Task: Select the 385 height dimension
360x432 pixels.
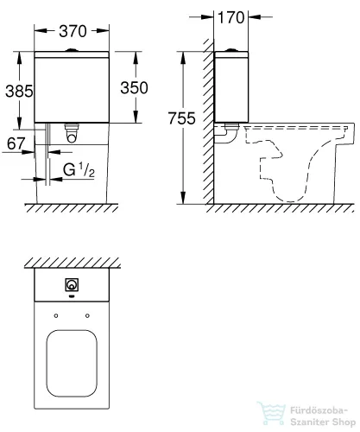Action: [x=16, y=90]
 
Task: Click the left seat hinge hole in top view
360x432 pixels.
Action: [x=54, y=314]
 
